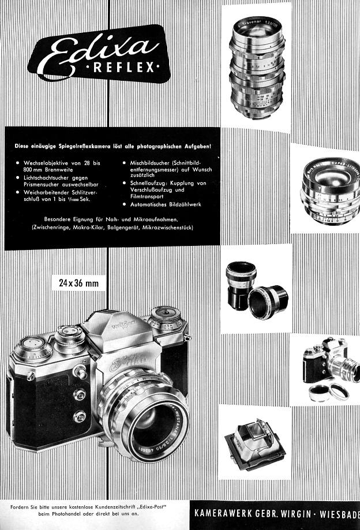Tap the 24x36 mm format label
click(79, 283)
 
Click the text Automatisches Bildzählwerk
click(166, 204)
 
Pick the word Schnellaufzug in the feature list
click(147, 183)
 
